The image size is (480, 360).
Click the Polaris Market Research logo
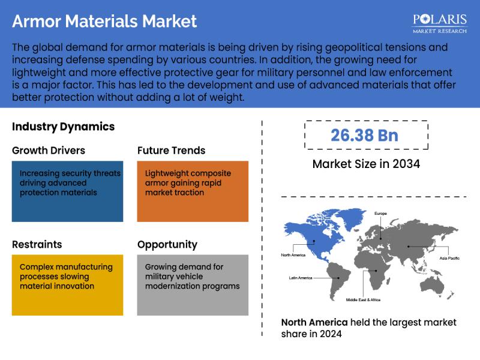(x=440, y=23)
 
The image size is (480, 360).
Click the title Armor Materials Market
(x=104, y=22)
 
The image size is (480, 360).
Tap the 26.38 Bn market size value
(x=364, y=136)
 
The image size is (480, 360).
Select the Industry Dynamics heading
(x=64, y=127)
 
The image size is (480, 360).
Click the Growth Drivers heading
(x=49, y=151)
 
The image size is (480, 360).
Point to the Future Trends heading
(x=172, y=151)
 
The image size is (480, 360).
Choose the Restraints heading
(x=37, y=245)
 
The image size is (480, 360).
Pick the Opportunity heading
(x=167, y=245)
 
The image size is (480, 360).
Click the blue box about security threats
(x=67, y=191)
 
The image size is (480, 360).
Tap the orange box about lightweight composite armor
(x=193, y=191)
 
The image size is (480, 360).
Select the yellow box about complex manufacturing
(x=67, y=285)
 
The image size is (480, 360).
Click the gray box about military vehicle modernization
(x=193, y=285)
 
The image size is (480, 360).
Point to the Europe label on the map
(x=380, y=214)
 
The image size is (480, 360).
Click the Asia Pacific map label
(x=449, y=259)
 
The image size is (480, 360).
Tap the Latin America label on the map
(x=301, y=278)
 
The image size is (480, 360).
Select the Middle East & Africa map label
(x=363, y=300)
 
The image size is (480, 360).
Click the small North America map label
(x=293, y=255)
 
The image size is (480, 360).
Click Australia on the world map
(x=432, y=284)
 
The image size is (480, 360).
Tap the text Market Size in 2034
(x=366, y=164)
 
